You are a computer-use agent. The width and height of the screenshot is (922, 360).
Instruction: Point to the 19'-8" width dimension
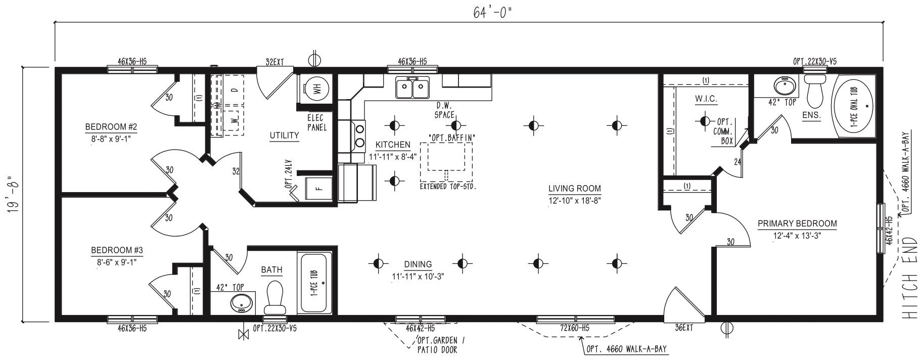pyautogui.click(x=14, y=194)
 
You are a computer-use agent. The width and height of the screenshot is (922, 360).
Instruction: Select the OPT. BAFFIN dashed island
pyautogui.click(x=446, y=157)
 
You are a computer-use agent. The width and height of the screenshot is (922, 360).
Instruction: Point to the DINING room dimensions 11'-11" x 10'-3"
pyautogui.click(x=418, y=276)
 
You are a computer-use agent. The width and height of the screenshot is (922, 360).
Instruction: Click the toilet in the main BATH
pyautogui.click(x=275, y=298)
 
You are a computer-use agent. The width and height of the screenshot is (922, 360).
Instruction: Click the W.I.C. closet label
pyautogui.click(x=706, y=99)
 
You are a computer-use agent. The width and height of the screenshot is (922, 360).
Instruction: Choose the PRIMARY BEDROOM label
pyautogui.click(x=797, y=223)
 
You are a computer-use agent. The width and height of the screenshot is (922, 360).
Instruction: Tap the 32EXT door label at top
pyautogui.click(x=275, y=62)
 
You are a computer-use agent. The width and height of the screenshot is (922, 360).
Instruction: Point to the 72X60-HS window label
pyautogui.click(x=574, y=328)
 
